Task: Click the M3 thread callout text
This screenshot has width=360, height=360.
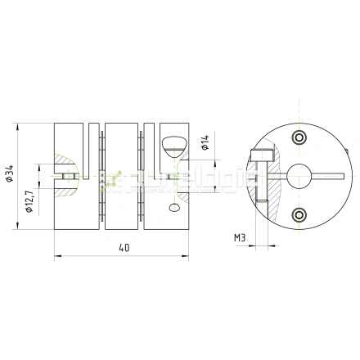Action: [x=239, y=237]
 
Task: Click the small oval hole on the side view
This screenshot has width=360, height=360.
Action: [x=173, y=210]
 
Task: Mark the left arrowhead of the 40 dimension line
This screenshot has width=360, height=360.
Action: [x=57, y=256]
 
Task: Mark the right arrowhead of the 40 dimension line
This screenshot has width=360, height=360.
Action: [x=187, y=256]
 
